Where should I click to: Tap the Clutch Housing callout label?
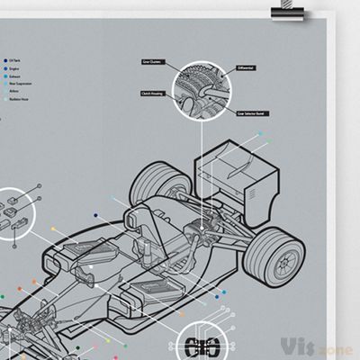pyautogui.click(x=150, y=93)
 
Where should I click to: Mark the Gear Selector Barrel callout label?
pyautogui.click(x=252, y=114)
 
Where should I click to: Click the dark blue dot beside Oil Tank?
pyautogui.click(x=4, y=56)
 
